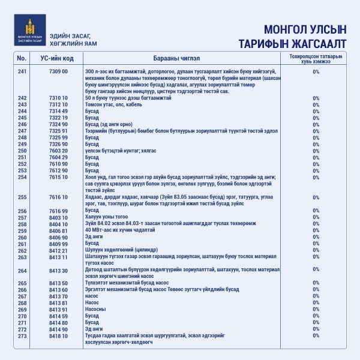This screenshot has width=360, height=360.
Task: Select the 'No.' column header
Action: tap(22, 58)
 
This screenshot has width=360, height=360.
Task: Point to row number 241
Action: tap(23, 71)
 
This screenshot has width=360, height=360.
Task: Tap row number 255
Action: tap(23, 197)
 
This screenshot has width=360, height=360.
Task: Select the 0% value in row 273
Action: tap(316, 336)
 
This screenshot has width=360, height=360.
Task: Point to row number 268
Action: tap(23, 303)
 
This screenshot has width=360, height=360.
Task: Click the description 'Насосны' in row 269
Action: tap(95, 310)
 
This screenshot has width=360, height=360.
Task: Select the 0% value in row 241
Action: tap(316, 71)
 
